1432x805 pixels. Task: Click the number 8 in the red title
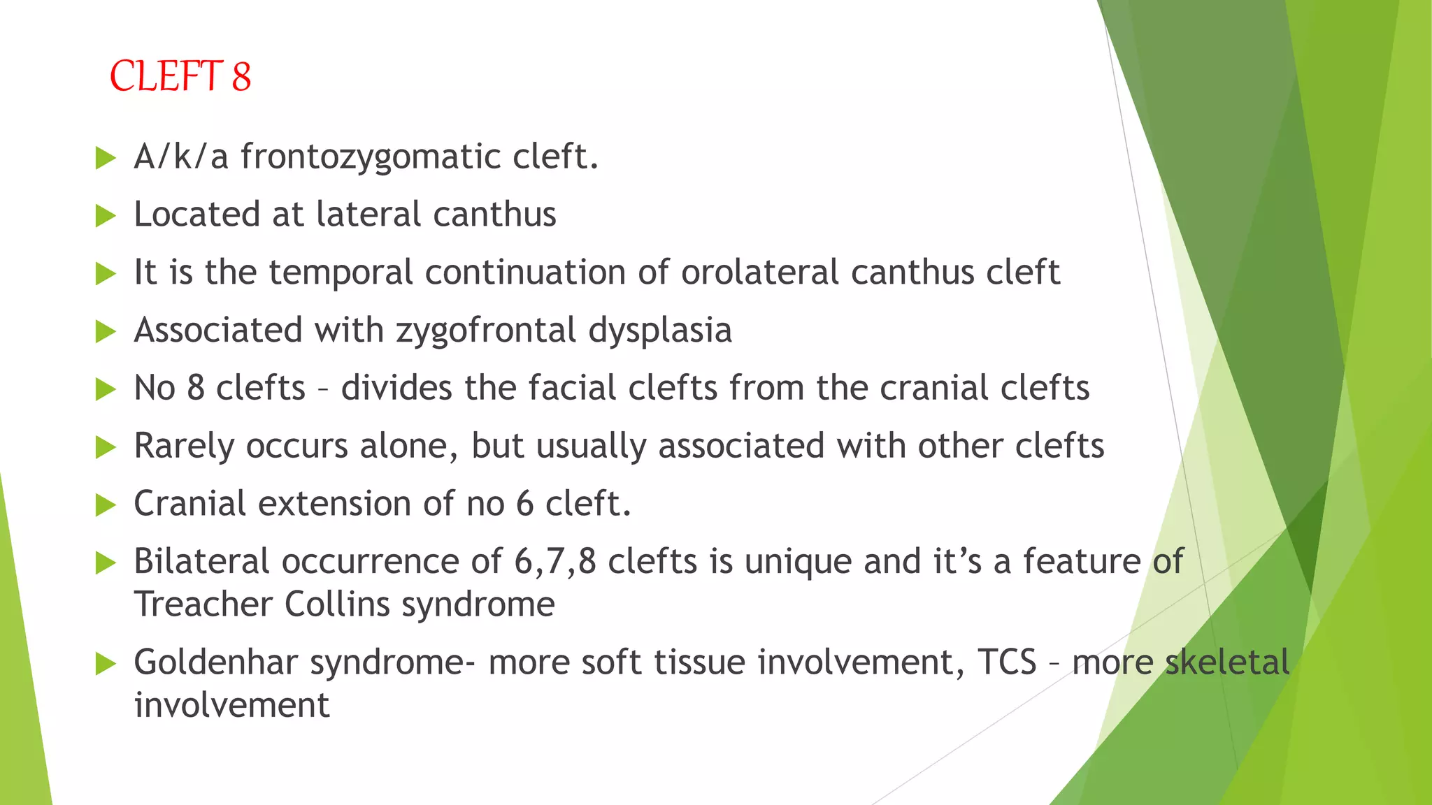[x=241, y=76]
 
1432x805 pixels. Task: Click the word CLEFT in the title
[x=166, y=76]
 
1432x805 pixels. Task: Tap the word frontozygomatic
[x=371, y=157]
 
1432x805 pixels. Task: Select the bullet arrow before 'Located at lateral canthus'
[x=106, y=215]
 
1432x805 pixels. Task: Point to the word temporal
[x=341, y=272]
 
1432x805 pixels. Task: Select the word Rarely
[x=184, y=447]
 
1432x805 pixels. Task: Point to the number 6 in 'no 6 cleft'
[x=524, y=504]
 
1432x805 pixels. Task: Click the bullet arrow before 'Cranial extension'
[x=106, y=505]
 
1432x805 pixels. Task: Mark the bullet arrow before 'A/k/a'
[x=106, y=157]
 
